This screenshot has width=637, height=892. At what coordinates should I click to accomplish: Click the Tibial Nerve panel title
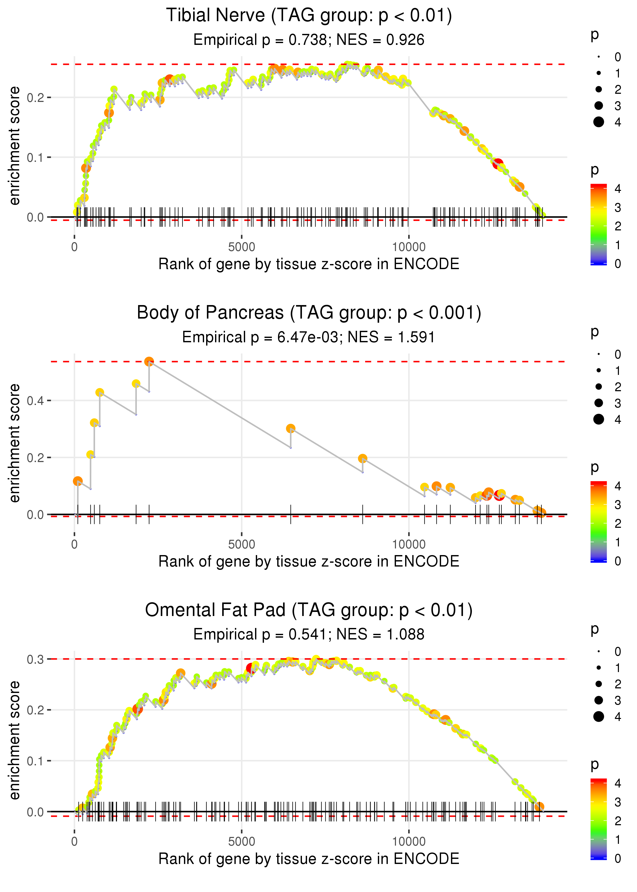pos(309,16)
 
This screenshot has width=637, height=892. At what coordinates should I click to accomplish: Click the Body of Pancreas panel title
pos(309,313)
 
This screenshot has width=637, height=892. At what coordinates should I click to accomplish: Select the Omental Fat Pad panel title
pos(309,610)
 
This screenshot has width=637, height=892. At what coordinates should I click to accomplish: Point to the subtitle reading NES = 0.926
pos(309,40)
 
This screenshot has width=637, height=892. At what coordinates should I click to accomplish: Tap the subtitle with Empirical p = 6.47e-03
pos(309,337)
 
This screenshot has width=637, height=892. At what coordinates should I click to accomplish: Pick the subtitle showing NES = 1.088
pos(309,635)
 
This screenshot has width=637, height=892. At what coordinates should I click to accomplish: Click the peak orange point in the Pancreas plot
pos(149,362)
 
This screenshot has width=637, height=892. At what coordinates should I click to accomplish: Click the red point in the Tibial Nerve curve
pos(498,164)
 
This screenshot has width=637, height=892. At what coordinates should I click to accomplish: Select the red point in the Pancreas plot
pos(499,495)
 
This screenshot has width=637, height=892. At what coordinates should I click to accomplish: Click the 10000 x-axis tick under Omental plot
pos(409,842)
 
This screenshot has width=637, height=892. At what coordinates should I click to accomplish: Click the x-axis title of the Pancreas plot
pos(309,561)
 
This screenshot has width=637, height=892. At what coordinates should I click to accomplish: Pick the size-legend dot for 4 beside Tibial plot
pos(599,122)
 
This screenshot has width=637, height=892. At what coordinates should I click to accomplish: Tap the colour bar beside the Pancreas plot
pos(599,522)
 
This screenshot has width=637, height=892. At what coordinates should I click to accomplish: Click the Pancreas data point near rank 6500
pos(291,428)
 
